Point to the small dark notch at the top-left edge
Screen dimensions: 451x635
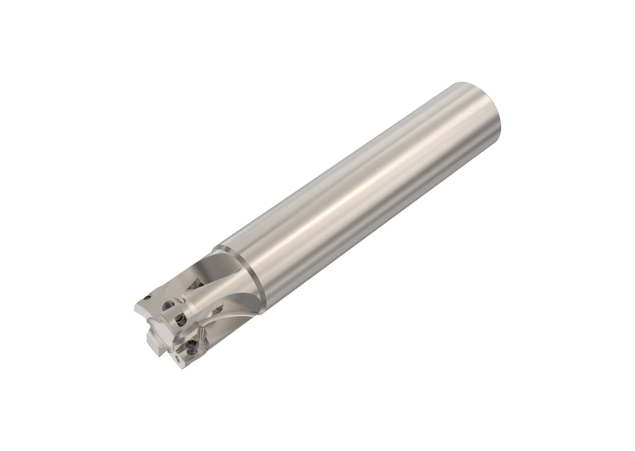click(147, 298)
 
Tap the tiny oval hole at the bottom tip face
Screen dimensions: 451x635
click(177, 360)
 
